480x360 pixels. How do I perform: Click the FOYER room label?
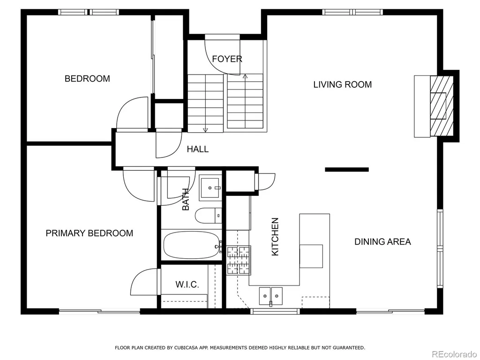point(227,59)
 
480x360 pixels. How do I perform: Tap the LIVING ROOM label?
point(342,84)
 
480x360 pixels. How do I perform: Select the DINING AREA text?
point(382,242)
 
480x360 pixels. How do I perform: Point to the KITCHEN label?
point(275,237)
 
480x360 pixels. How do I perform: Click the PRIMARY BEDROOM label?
point(90,233)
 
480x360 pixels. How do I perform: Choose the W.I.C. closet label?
point(187,285)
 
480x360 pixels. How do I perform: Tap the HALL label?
point(198,149)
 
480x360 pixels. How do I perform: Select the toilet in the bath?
point(208,216)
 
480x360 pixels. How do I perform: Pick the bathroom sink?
point(210,187)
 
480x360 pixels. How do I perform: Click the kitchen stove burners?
point(239,260)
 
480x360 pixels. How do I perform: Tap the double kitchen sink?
point(271,296)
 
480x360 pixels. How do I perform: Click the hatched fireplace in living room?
point(442,106)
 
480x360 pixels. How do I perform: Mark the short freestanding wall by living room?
point(347,169)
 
